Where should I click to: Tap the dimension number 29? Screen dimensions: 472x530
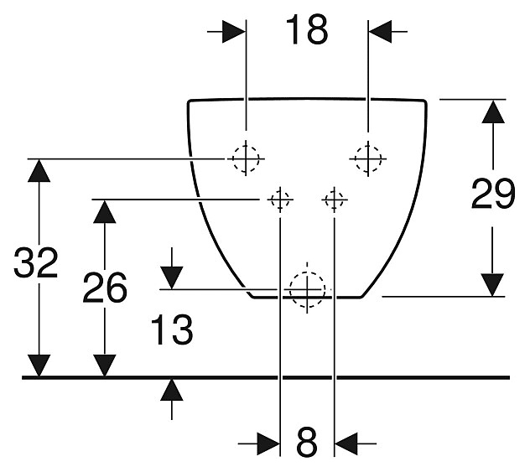point(492,195)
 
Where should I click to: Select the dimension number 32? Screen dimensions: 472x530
point(36,265)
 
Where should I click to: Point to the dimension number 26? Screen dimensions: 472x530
point(105,288)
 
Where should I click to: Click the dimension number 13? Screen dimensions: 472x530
point(173,330)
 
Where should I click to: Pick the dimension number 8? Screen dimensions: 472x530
point(307,442)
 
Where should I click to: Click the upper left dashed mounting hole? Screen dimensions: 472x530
point(245,157)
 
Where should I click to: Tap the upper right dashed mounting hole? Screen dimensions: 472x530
point(367,157)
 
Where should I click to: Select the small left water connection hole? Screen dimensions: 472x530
point(278,200)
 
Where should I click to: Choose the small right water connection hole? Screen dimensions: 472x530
point(334,200)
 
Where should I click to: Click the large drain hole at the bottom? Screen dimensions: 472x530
point(307,289)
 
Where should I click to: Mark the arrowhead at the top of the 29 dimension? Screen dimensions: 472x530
point(493,112)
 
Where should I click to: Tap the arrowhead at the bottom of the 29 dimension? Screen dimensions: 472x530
point(493,283)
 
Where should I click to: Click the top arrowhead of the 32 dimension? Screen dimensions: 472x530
point(37,170)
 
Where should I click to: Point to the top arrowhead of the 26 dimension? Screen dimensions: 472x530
point(104,211)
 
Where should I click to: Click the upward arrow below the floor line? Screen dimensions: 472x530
point(172,391)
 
